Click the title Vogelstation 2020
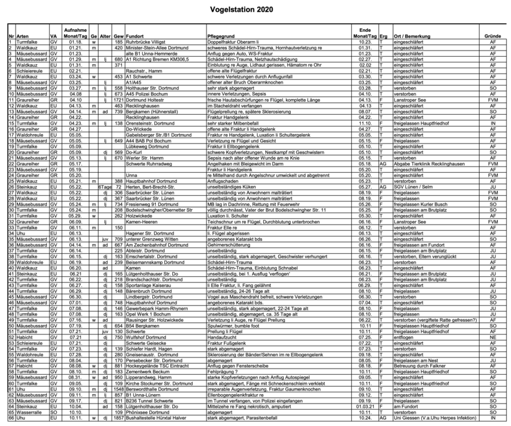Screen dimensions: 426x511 click(256, 9)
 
